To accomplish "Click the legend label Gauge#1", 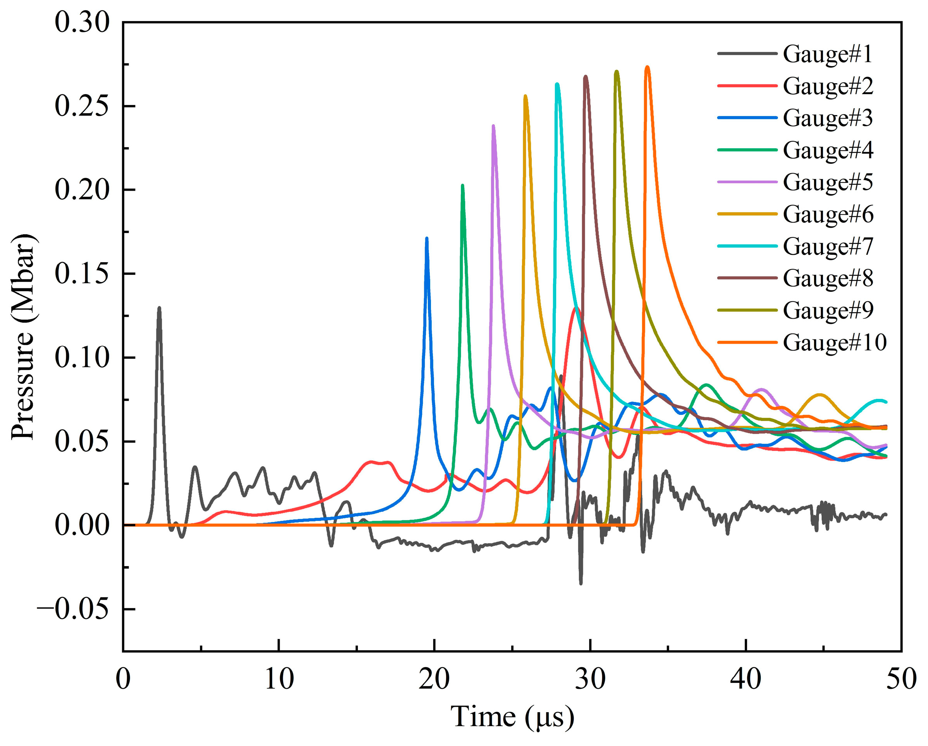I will coord(827,54).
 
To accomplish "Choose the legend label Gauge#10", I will coord(835,342).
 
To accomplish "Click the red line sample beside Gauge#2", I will coord(747,86).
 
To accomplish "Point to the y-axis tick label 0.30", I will coord(82,23).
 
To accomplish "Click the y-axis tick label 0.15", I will coord(82,274).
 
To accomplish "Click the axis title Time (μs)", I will coord(512,717).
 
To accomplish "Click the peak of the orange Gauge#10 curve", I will coord(647,67).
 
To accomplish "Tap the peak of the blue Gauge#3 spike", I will coord(427,238).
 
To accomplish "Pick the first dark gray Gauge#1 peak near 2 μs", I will coord(159,307).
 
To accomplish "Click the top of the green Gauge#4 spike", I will coord(463,185).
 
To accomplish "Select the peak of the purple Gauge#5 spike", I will coord(493,125).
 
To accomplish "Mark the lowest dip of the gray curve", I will coord(581,584).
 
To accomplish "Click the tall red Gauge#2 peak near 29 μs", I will coord(576,307).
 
